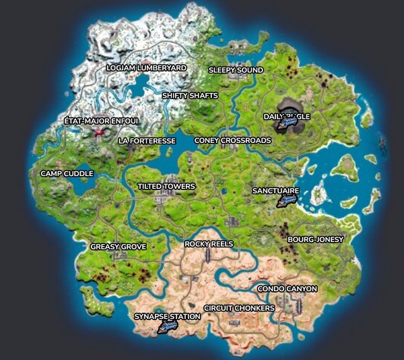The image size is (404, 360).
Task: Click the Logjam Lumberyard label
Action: click(x=146, y=68)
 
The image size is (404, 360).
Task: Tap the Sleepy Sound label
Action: click(x=236, y=70)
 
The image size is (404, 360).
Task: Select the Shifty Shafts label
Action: click(x=190, y=96)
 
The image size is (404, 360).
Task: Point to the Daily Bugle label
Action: click(x=287, y=116)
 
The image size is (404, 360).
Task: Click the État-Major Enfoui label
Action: click(x=101, y=121)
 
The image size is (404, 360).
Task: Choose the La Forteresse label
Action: click(x=147, y=141)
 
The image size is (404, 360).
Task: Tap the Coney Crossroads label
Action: click(x=232, y=140)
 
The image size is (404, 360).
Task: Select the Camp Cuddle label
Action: click(x=67, y=173)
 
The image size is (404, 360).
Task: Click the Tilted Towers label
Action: click(x=166, y=186)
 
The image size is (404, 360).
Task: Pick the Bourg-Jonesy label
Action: click(x=315, y=239)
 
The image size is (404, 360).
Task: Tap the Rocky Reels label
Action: click(x=209, y=243)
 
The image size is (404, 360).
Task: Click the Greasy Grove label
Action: click(x=119, y=247)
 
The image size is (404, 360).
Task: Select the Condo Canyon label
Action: click(x=288, y=289)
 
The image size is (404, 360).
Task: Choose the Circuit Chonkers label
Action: click(x=239, y=308)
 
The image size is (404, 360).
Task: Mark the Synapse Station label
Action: click(x=167, y=316)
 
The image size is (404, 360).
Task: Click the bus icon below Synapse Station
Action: click(x=166, y=327)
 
